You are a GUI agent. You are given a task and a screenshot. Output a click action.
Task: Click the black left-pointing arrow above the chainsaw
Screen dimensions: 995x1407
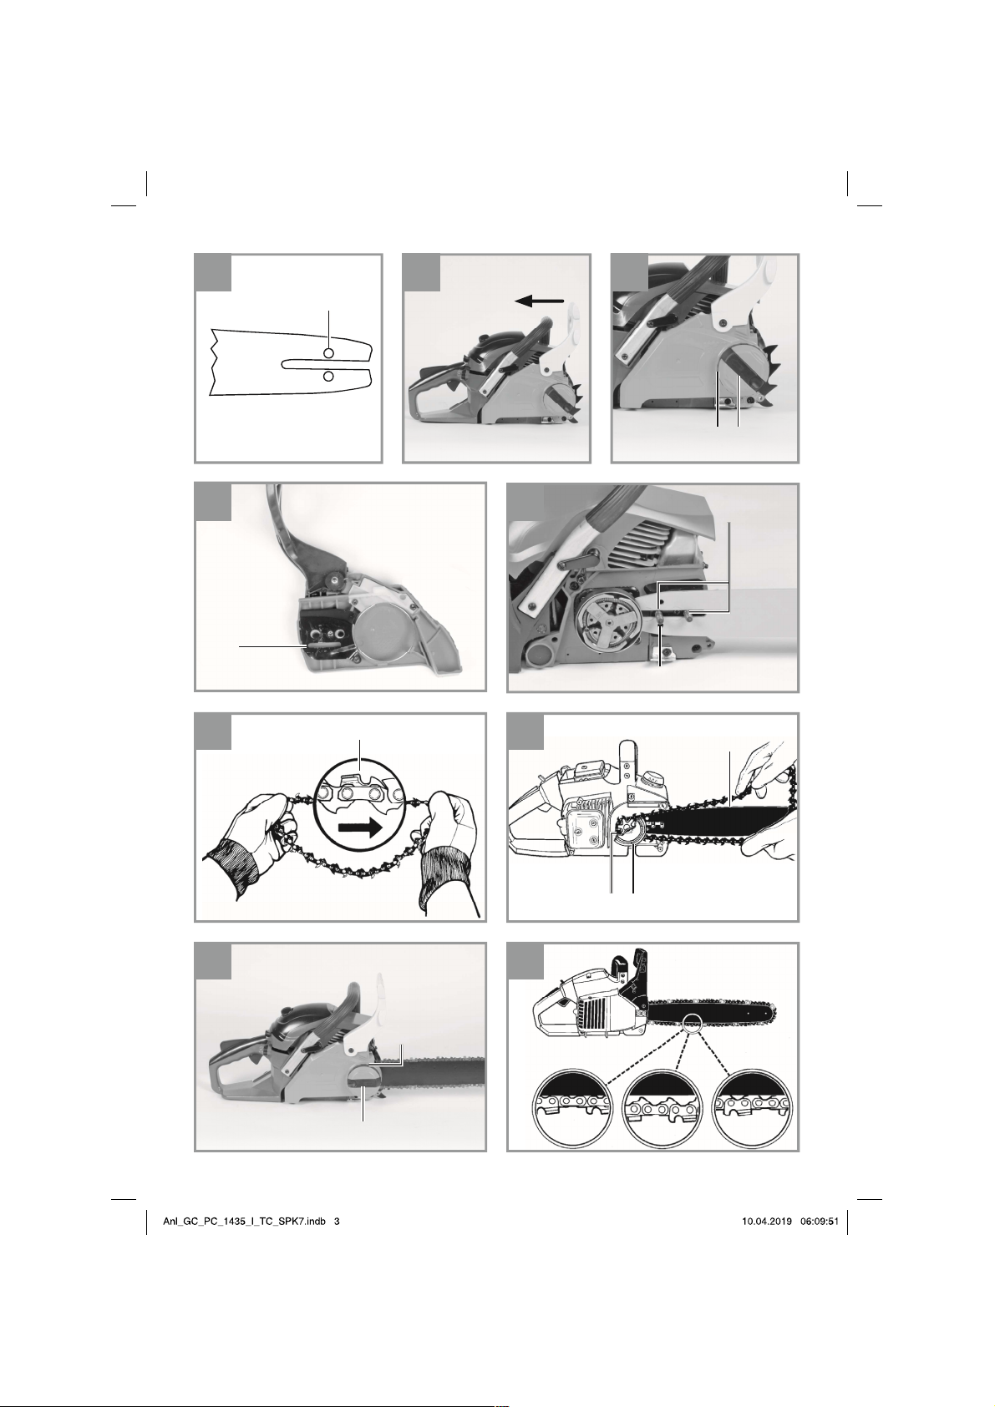tap(539, 301)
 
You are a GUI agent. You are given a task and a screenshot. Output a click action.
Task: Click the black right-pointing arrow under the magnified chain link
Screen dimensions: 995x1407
tap(359, 827)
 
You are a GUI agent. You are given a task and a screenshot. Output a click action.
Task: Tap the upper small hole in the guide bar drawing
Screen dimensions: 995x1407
tap(328, 354)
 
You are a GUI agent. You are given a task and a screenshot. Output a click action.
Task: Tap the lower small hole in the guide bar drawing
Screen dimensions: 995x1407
tap(328, 376)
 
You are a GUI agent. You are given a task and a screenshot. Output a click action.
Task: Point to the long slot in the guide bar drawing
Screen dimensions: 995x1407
tap(323, 364)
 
